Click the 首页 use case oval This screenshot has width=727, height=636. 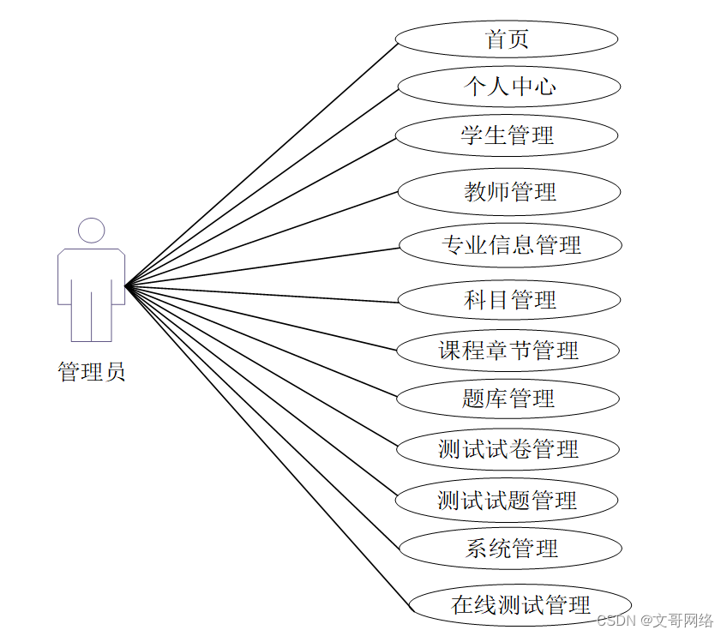tap(507, 39)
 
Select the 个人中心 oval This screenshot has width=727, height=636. tap(509, 87)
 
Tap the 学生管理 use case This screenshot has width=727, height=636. tap(507, 135)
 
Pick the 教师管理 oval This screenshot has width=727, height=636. tap(509, 191)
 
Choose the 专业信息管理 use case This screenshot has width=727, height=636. tap(511, 245)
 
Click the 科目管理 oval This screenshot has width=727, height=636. tap(509, 300)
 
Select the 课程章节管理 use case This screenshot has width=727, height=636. tap(508, 350)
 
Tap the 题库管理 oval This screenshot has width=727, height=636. tap(508, 399)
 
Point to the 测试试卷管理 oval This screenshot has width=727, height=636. tap(508, 449)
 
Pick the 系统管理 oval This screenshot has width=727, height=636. tap(511, 549)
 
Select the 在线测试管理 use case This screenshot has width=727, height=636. tap(520, 604)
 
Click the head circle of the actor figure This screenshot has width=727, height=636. tap(91, 231)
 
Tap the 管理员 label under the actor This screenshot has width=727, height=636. tap(92, 372)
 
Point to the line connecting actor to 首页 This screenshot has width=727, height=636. tap(261, 164)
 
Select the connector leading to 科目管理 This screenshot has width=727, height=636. tap(261, 292)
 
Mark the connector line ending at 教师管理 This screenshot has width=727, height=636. tap(261, 238)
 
